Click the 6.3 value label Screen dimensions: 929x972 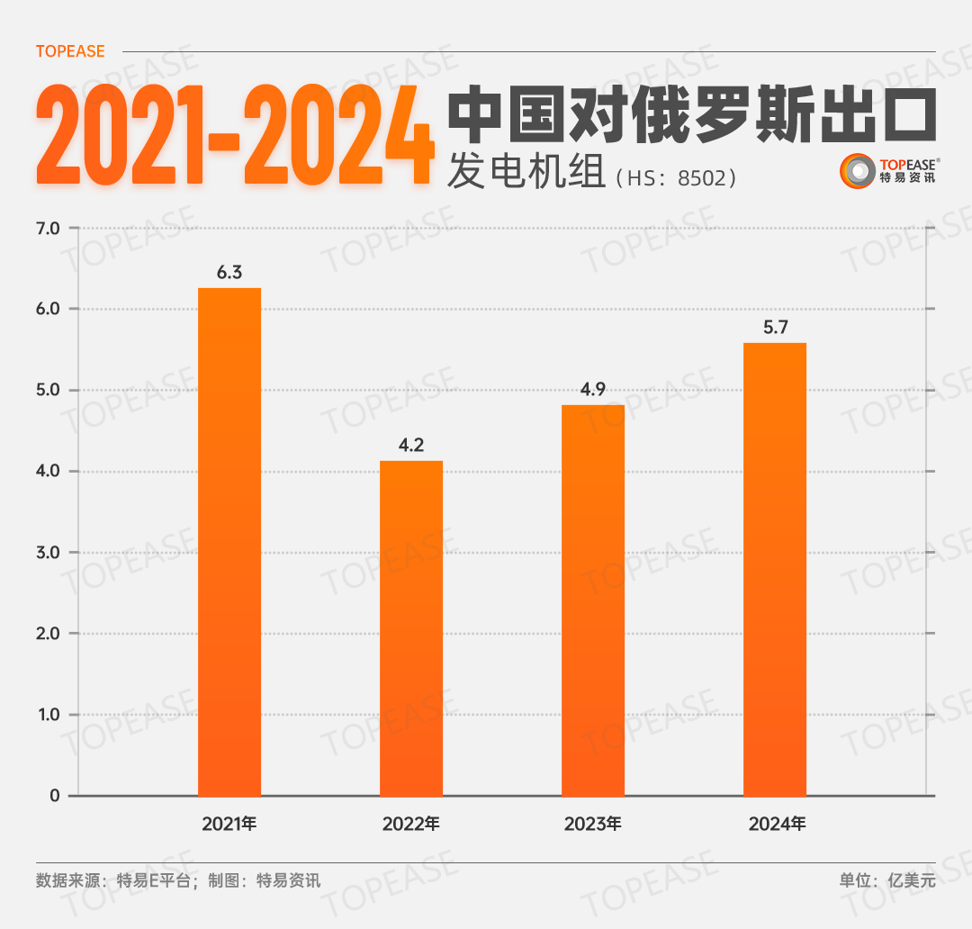[229, 272]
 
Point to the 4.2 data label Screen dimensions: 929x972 [411, 445]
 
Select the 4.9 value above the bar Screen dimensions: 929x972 [593, 389]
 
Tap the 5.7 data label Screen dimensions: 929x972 [775, 327]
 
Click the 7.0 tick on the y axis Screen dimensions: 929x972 [48, 229]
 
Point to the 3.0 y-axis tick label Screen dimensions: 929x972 [48, 553]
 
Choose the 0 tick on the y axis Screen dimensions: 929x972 [55, 796]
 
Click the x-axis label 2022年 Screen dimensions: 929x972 [411, 824]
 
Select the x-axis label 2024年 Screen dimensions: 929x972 [775, 824]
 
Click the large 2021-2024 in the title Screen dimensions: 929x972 [234, 135]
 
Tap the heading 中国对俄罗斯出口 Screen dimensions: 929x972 [692, 114]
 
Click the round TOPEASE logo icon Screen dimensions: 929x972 [857, 171]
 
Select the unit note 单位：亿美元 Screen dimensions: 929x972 [887, 880]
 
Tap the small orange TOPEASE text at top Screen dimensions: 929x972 [70, 51]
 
